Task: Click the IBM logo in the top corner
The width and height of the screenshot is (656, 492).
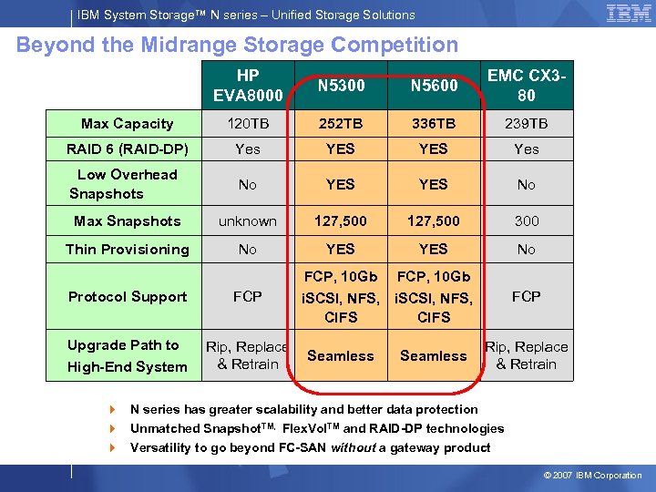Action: [x=628, y=14]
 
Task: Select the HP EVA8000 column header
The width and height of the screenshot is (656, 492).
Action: [x=247, y=86]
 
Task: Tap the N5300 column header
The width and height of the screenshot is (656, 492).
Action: [x=340, y=86]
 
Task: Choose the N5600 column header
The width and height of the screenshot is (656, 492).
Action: [x=433, y=86]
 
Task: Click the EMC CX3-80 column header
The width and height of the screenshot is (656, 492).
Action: [x=526, y=86]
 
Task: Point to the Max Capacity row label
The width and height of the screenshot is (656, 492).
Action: [x=127, y=124]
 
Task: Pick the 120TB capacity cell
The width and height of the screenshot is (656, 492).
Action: [x=247, y=124]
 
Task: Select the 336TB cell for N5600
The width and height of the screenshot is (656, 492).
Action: [x=433, y=124]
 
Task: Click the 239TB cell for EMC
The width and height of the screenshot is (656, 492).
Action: [x=526, y=124]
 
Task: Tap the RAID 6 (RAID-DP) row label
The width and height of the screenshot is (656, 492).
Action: [x=127, y=149]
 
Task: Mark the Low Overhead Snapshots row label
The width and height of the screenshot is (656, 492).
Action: [x=127, y=184]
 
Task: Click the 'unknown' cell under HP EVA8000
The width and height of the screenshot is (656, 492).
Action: [x=247, y=221]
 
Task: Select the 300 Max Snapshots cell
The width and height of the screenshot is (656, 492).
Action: [x=526, y=221]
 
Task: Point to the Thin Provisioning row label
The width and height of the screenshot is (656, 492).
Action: [x=127, y=250]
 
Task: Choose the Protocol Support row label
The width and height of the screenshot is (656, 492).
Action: [x=127, y=297]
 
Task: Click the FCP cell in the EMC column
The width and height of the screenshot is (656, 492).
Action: [x=526, y=297]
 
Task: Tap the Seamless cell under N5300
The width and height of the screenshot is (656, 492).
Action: [x=340, y=356]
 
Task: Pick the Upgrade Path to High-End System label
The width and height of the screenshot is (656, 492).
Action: [x=127, y=356]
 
